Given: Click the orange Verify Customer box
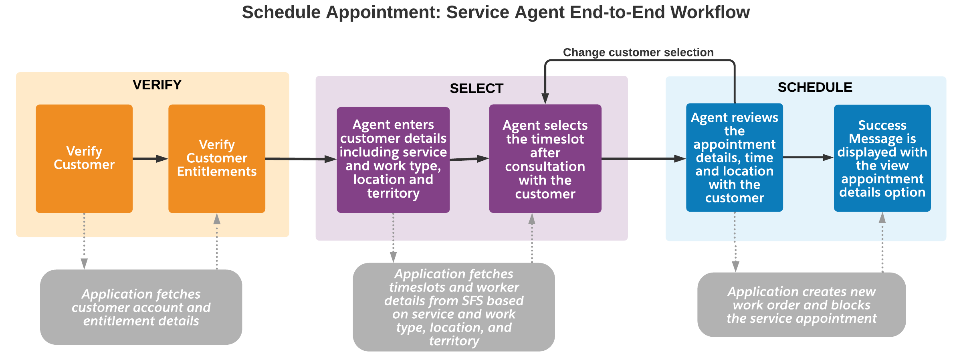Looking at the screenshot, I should click(x=84, y=158).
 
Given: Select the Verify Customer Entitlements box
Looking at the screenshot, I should click(x=216, y=158).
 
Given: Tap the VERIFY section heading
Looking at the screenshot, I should click(x=157, y=85).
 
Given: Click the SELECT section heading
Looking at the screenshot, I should click(x=476, y=89).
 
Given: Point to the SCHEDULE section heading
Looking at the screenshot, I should click(x=815, y=87).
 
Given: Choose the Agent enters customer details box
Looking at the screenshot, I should click(x=393, y=159).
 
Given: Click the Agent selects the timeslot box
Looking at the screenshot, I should click(x=545, y=159).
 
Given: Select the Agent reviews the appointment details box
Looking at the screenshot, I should click(x=734, y=158).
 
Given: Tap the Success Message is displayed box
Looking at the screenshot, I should click(x=882, y=158).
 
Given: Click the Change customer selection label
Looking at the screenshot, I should click(x=638, y=53).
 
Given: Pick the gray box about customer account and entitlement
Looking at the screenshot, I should click(x=141, y=307).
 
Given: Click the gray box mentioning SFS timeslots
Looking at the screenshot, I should click(x=454, y=307).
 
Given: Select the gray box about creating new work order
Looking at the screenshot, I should click(x=802, y=305).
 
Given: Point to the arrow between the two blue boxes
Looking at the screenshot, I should click(x=808, y=158).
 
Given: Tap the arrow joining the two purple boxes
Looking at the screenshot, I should click(x=469, y=159).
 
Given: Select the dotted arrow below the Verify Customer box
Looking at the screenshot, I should click(x=84, y=241).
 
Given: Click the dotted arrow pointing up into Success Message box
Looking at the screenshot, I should click(x=882, y=243).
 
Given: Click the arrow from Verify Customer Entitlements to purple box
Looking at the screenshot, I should click(x=301, y=159).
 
